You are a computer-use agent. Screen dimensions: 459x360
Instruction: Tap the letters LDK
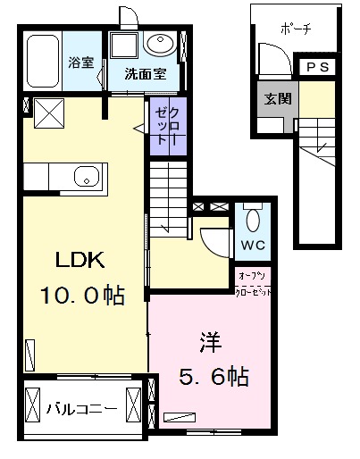coord(82,262)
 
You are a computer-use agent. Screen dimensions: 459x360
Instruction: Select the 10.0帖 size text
coord(82,296)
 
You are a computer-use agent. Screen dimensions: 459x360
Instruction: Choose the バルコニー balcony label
coord(81,409)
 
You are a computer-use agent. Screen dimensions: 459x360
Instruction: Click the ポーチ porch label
coord(295,28)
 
